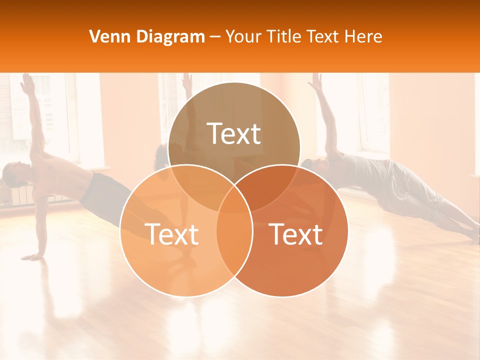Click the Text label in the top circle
[234, 133]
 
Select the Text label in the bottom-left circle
[171, 234]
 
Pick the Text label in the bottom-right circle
[296, 234]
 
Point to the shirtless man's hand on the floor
[33, 257]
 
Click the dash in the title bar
[215, 37]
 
